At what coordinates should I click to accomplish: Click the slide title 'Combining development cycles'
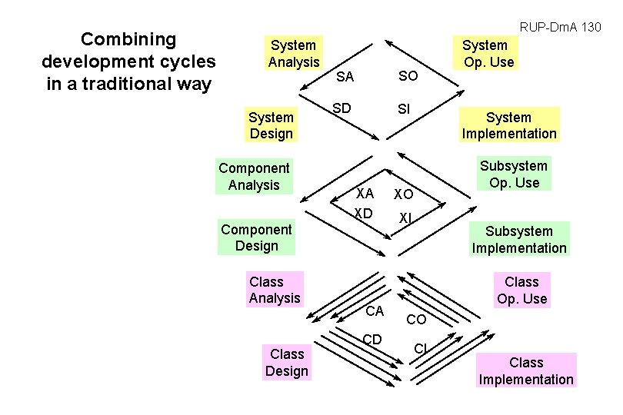point(129,61)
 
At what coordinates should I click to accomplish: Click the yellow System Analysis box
point(293,54)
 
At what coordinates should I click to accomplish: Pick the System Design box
point(272,125)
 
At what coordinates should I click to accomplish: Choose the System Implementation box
point(508,125)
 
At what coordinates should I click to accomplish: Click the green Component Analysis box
point(254,176)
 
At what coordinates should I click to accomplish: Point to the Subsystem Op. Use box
point(513,174)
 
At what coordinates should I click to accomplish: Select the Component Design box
point(256,237)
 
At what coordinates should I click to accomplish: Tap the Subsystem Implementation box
point(518,239)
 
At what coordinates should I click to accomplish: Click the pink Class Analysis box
point(275,290)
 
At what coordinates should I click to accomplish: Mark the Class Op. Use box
point(521,290)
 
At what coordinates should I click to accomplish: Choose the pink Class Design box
point(286,363)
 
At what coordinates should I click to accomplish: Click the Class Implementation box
point(526,370)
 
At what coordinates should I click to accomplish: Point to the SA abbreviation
point(345,77)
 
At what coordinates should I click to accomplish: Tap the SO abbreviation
point(408,75)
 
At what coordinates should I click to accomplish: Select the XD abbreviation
point(363,212)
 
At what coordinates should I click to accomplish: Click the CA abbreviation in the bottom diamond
point(375,310)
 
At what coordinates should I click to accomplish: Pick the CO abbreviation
point(416,319)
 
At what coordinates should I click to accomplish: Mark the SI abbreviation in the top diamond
point(404,110)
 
